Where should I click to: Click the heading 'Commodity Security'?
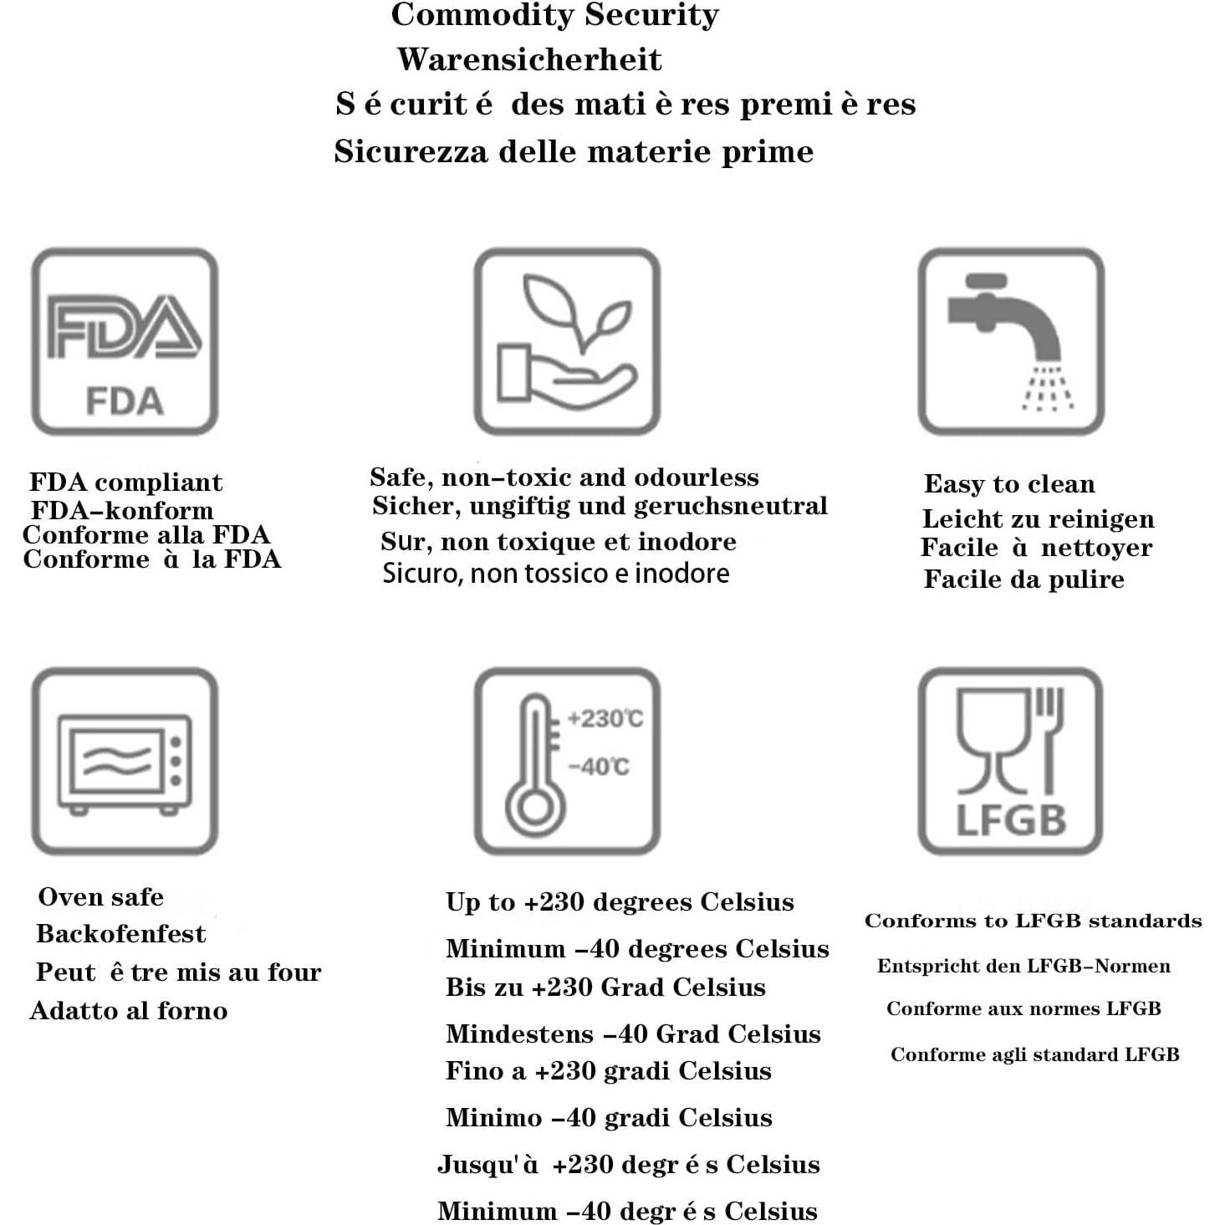554,15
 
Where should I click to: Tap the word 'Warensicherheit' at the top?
529,59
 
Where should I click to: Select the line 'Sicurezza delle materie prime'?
574,151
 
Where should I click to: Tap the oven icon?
125,761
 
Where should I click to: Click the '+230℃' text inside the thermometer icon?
605,719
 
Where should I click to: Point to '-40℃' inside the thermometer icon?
599,767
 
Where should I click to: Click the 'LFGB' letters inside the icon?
1011,821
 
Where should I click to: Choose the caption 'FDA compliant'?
126,482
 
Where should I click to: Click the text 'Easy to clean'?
1009,484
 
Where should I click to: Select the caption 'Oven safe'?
101,897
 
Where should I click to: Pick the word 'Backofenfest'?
121,934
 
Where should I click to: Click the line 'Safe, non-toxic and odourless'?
564,477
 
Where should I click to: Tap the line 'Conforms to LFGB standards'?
1033,921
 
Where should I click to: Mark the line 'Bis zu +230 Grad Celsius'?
605,988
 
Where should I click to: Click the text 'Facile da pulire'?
1023,579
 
